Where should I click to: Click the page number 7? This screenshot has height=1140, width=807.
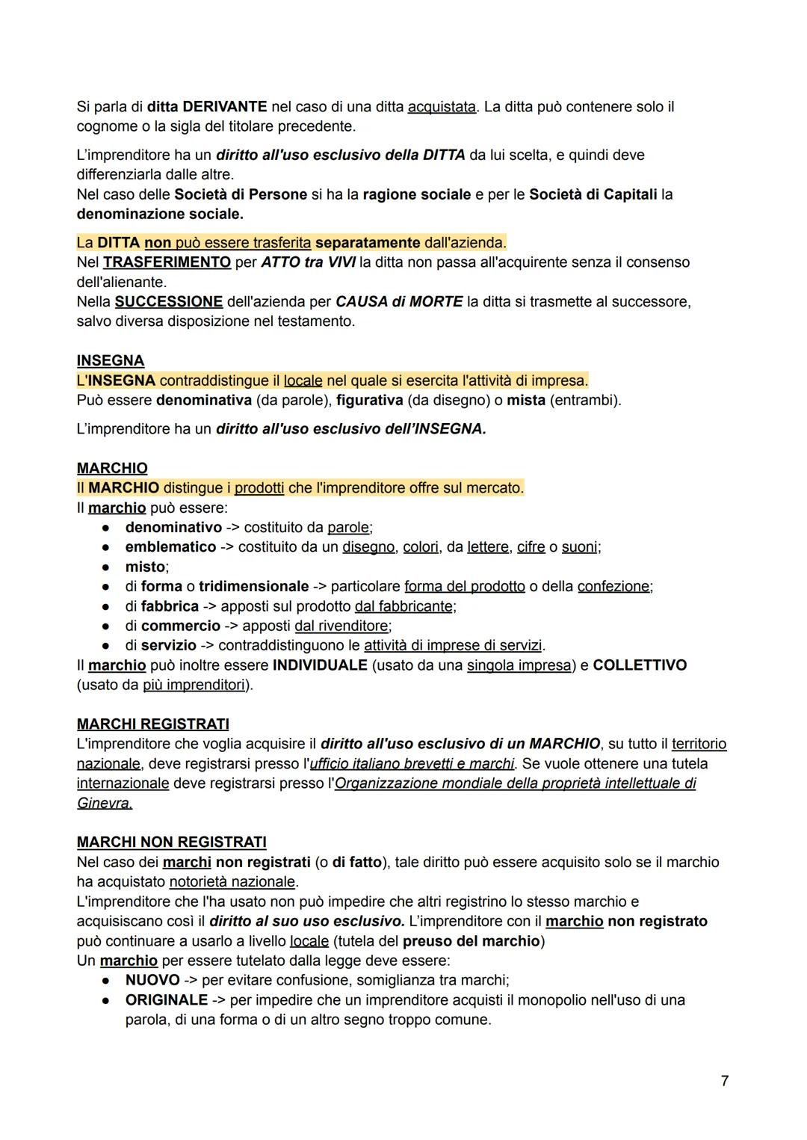[x=724, y=1081]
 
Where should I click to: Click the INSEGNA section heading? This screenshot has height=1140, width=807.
[x=111, y=360]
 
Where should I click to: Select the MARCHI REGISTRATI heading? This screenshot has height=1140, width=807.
[x=152, y=724]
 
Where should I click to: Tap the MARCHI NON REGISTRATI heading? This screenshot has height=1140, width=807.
[x=171, y=842]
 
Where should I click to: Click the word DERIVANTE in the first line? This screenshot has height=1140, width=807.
[x=224, y=107]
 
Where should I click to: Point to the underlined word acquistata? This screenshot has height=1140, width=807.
[x=442, y=107]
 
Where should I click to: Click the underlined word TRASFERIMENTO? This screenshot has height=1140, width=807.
[x=167, y=262]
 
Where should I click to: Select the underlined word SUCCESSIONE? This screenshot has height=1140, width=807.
[x=168, y=301]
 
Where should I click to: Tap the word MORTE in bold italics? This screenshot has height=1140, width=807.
[x=436, y=301]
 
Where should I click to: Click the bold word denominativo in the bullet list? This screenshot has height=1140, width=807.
[x=173, y=527]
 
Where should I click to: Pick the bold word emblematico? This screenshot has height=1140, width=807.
[x=170, y=546]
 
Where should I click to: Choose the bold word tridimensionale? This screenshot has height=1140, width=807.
[x=253, y=586]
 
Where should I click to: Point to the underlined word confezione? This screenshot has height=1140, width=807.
[x=613, y=586]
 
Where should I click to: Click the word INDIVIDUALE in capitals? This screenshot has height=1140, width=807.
[x=320, y=665]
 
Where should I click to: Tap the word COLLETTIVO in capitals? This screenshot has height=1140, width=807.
[x=640, y=665]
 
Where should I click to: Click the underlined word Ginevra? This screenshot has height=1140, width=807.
[x=105, y=803]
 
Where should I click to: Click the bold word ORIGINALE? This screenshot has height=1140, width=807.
[x=167, y=999]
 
